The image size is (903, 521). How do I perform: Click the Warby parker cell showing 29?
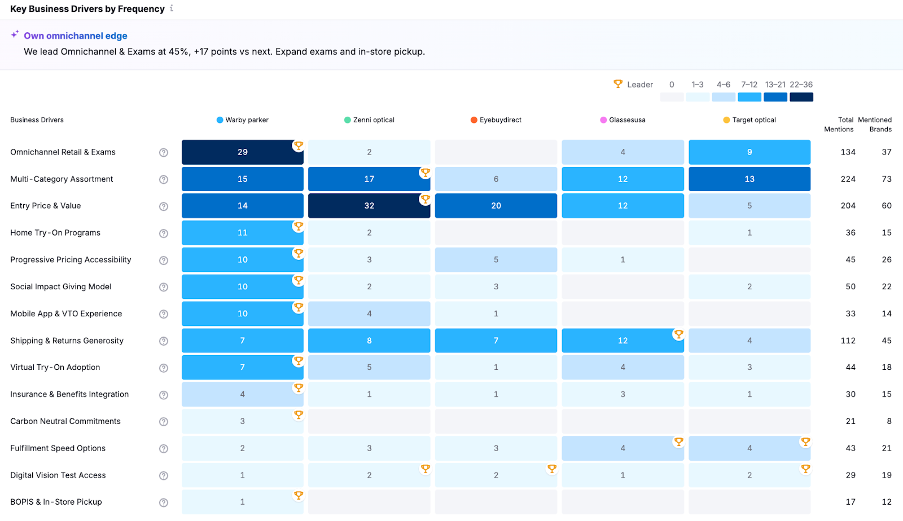tap(242, 152)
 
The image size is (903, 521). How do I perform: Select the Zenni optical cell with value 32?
tap(369, 206)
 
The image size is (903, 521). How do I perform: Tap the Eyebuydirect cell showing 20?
tap(496, 206)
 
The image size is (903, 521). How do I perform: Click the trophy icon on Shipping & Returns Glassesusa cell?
tap(678, 334)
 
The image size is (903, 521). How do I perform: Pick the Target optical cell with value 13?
tap(749, 179)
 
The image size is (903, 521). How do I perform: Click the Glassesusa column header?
tap(623, 120)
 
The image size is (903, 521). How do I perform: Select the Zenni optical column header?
tap(369, 120)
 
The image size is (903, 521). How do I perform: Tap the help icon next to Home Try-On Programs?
tap(164, 233)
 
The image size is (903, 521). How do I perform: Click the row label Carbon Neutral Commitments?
tap(65, 421)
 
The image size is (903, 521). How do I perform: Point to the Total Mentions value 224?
tap(848, 179)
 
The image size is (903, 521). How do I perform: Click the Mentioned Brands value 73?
tap(887, 179)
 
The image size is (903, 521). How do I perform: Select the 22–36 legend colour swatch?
tap(801, 97)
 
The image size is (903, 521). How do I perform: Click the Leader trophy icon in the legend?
tap(618, 84)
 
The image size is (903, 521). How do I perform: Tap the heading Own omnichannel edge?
tap(76, 36)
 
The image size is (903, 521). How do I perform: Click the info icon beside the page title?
tap(172, 8)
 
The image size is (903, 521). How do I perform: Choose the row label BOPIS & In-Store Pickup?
tap(56, 502)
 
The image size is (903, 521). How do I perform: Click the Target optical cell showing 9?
tap(749, 152)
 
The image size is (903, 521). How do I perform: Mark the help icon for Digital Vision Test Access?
tap(164, 475)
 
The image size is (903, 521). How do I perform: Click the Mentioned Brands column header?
tap(875, 125)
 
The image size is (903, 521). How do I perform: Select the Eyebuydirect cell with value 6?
tap(496, 179)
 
